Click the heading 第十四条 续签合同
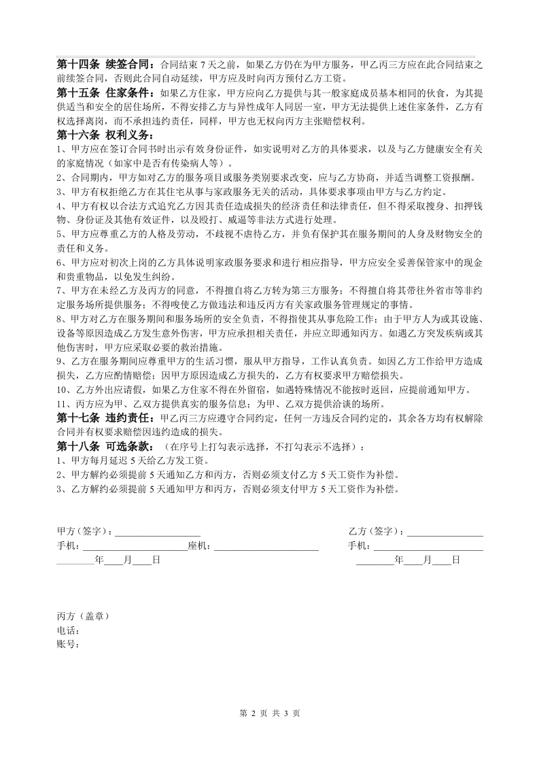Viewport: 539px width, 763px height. tap(105, 65)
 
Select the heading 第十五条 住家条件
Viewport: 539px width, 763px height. tap(105, 93)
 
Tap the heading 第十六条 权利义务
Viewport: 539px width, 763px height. tap(105, 135)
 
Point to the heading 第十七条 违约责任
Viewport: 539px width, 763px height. tap(105, 418)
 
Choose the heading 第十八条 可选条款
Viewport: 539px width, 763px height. tap(105, 447)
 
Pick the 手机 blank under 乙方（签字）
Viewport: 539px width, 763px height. tap(428, 546)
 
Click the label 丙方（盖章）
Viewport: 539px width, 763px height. tap(82, 616)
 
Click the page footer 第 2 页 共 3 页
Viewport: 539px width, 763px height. tap(270, 713)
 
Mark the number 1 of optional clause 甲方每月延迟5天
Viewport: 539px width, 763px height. tap(59, 461)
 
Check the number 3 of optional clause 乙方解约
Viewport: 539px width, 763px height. tap(59, 489)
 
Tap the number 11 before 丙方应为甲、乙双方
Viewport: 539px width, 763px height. tap(61, 404)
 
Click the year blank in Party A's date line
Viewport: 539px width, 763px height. tap(75, 560)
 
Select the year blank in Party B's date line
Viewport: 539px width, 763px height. tap(375, 560)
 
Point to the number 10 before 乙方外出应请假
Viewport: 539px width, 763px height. tap(61, 390)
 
